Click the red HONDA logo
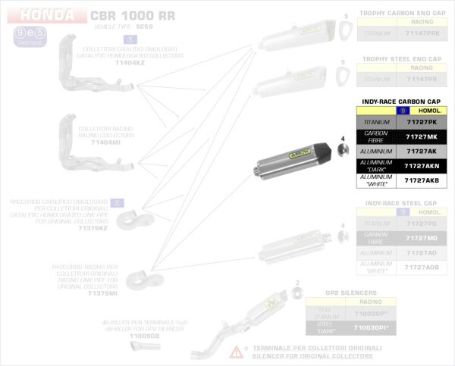[47, 15]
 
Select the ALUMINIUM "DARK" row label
[377, 166]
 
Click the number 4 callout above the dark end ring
[342, 139]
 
